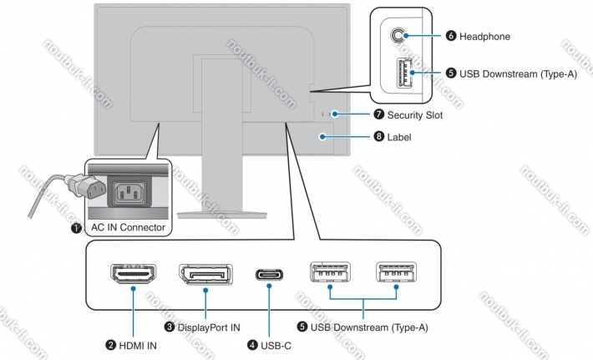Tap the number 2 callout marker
coord(109,343)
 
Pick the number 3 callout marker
coord(170,327)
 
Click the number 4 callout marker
coord(252,343)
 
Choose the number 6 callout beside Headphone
coord(451,37)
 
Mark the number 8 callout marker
coord(379,136)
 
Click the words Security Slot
coord(415,114)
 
